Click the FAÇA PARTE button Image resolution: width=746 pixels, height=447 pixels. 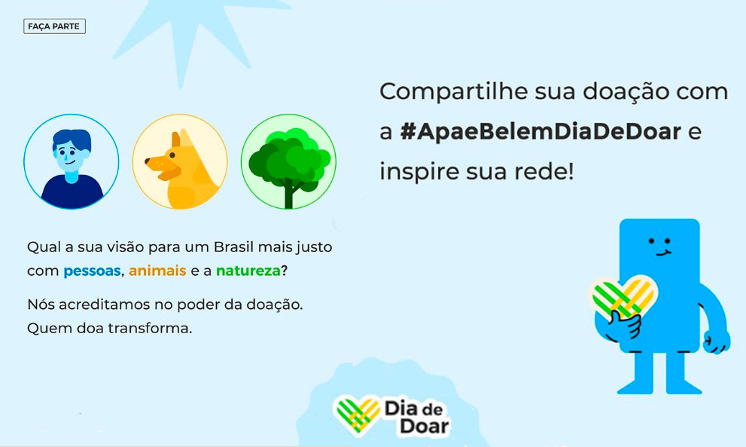click(54, 26)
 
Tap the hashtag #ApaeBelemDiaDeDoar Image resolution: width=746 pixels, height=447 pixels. click(540, 131)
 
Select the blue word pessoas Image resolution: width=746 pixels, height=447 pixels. click(92, 271)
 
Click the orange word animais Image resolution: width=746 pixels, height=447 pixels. click(157, 271)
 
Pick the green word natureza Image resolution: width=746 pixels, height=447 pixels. click(248, 271)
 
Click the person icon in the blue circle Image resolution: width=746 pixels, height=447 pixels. click(72, 161)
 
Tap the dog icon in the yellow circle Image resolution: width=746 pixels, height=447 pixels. click(180, 161)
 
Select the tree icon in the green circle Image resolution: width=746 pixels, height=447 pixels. click(288, 161)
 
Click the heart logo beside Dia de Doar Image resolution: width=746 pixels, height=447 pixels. click(358, 414)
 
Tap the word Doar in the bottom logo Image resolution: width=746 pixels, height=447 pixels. click(425, 426)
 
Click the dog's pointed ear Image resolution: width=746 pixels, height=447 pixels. click(175, 139)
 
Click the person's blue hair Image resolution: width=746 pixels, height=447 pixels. click(72, 139)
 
